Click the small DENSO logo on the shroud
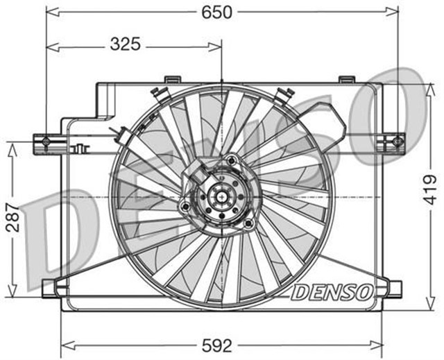click(332, 293)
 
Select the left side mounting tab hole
click(46, 142)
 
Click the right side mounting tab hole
click(397, 142)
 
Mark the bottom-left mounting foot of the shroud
click(53, 287)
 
